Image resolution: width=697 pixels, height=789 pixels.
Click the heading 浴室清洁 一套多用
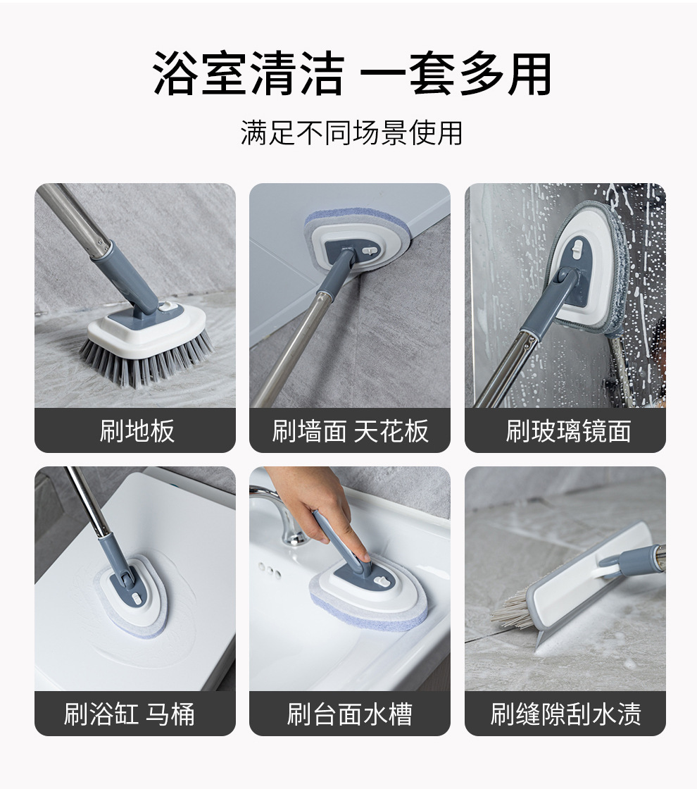[x=351, y=74]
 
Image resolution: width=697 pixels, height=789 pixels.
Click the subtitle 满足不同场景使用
[x=351, y=133]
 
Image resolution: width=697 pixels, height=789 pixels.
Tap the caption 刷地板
[x=137, y=430]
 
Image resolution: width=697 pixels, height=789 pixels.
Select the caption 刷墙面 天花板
[x=351, y=430]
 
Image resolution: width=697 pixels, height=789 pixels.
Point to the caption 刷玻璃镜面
[x=568, y=430]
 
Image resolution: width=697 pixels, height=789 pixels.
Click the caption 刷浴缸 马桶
[x=129, y=714]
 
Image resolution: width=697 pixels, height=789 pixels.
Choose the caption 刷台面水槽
[x=350, y=714]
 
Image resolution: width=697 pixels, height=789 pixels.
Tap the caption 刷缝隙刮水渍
[x=566, y=714]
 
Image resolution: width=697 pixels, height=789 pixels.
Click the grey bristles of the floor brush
[x=146, y=359]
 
